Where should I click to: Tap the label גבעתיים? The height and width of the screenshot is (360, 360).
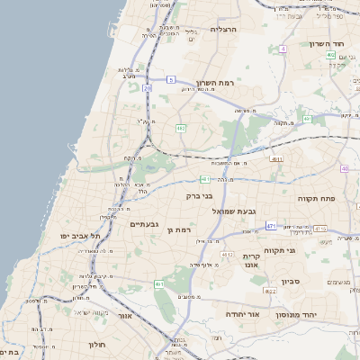144,224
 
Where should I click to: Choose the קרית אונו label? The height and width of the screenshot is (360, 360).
250,261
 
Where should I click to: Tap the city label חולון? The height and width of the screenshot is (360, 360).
97,345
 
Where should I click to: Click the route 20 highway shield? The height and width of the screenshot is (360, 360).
147,88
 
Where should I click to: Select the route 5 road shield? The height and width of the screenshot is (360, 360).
170,79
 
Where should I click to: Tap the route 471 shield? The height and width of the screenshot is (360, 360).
271,226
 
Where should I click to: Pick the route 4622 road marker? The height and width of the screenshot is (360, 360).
269,292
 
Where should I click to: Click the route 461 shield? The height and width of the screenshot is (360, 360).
159,283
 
